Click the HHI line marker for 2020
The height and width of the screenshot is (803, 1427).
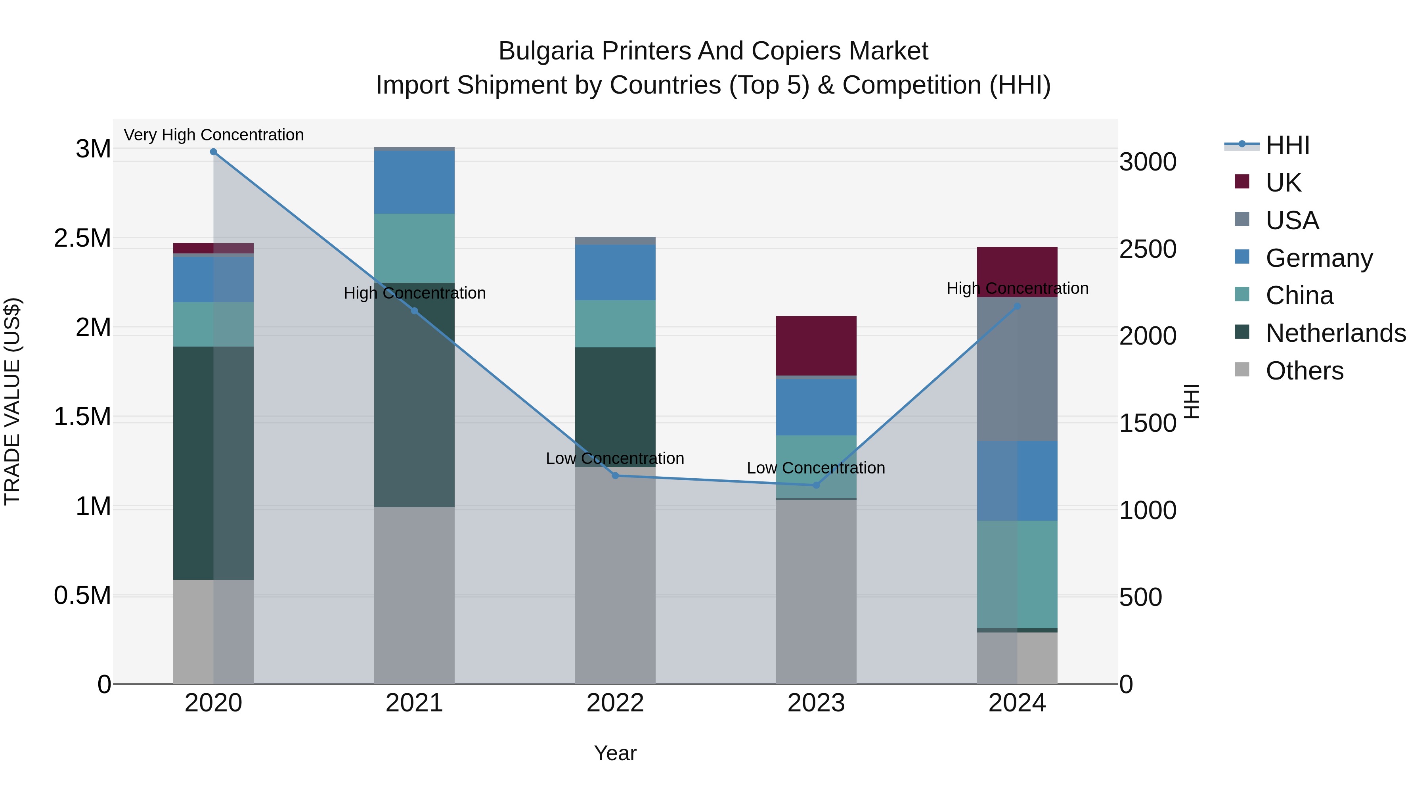213,152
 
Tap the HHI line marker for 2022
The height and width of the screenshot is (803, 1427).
615,475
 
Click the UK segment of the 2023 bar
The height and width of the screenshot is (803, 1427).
816,346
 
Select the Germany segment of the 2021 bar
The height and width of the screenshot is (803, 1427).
414,182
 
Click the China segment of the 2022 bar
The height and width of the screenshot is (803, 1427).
615,324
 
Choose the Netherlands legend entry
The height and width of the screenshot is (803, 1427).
1335,333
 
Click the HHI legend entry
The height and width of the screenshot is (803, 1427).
1287,145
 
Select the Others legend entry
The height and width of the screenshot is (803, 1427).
1304,371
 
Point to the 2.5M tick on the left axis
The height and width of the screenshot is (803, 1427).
82,238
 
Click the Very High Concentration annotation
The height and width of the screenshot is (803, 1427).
214,135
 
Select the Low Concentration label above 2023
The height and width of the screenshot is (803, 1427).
816,468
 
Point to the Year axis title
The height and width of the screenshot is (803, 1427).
615,753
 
